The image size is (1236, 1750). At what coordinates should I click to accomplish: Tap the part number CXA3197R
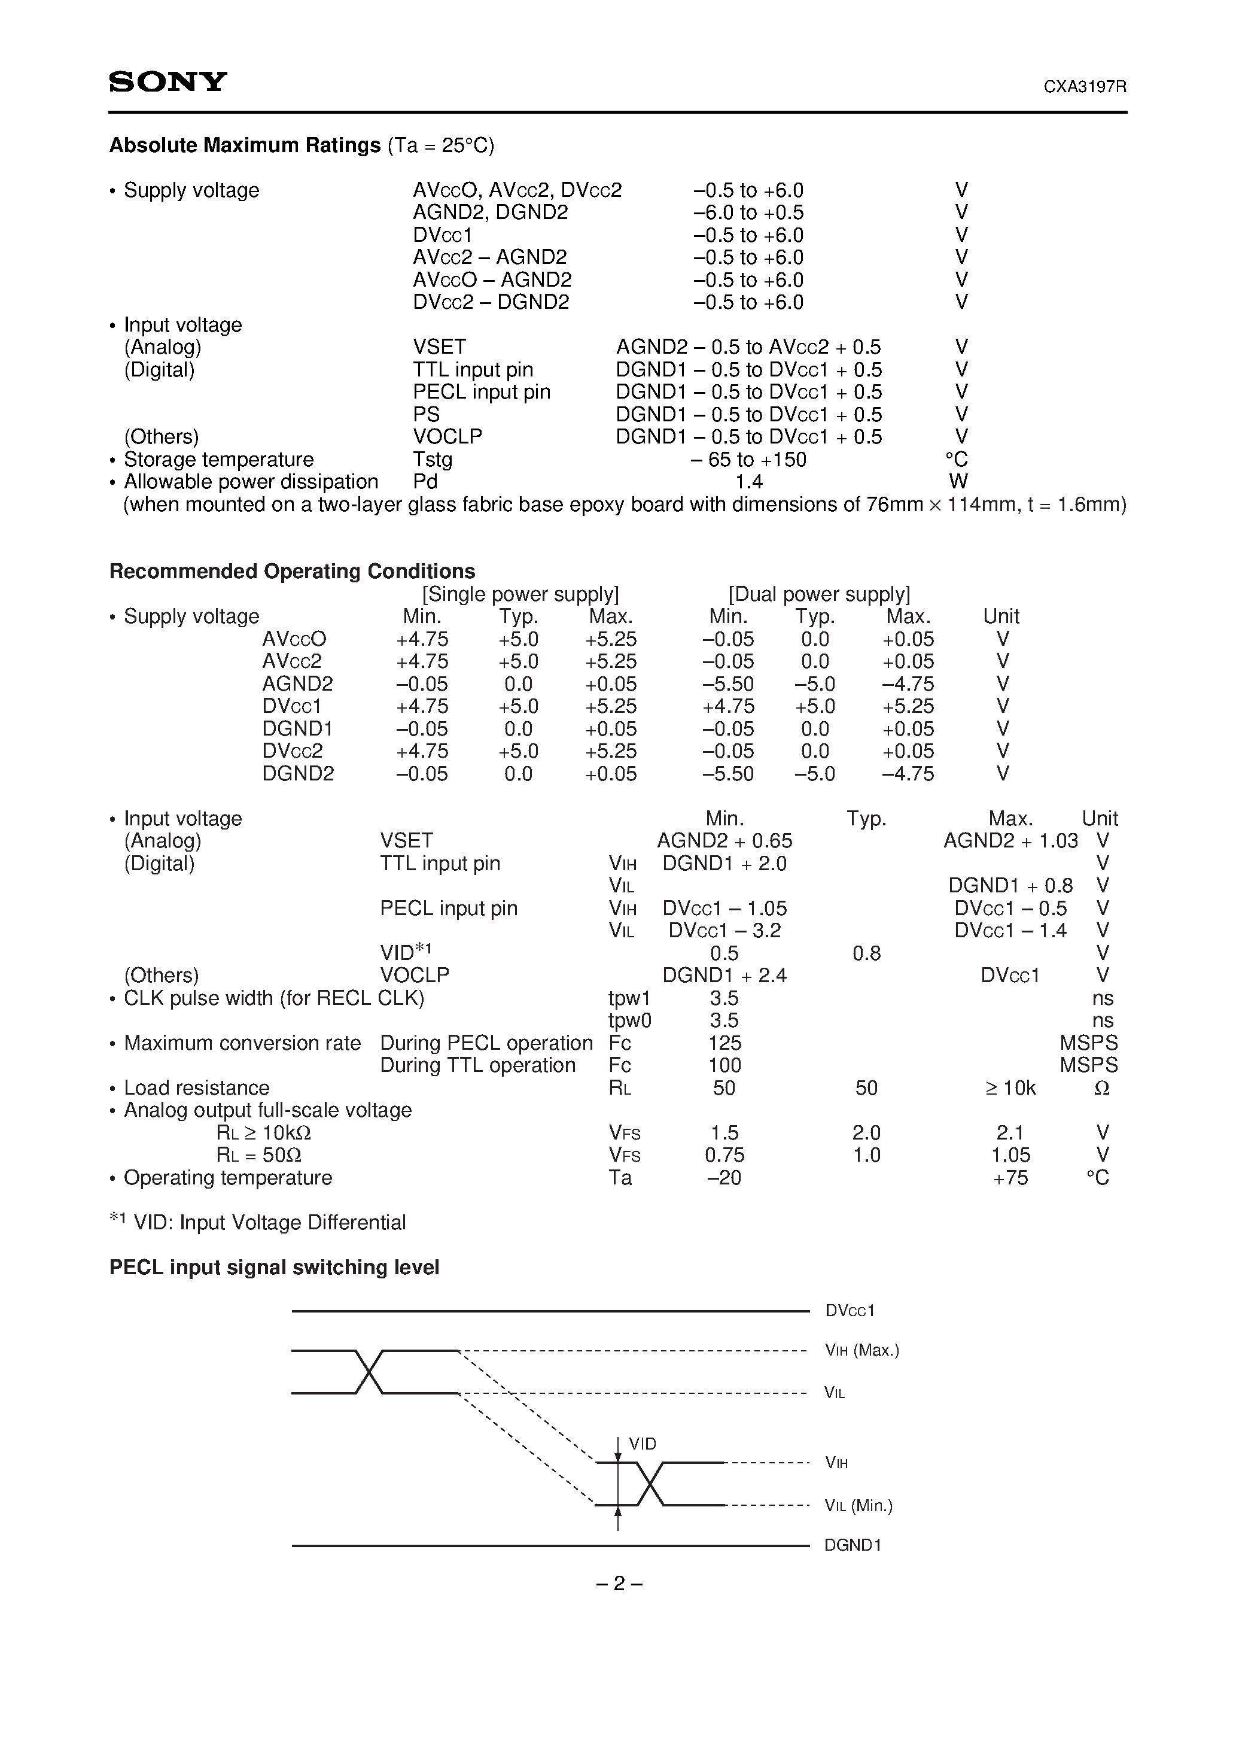point(1085,87)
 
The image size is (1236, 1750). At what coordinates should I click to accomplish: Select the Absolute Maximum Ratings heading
point(245,145)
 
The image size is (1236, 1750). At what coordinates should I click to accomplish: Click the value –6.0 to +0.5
point(748,212)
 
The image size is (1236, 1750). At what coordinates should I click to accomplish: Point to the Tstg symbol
point(432,460)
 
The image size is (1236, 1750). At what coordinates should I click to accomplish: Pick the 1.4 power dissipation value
point(748,482)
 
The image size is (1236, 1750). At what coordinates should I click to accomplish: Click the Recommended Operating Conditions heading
point(292,572)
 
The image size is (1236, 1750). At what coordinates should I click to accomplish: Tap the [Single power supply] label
point(520,594)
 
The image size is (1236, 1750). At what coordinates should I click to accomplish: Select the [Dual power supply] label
point(819,594)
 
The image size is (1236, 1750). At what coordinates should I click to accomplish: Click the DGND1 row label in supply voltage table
point(297,728)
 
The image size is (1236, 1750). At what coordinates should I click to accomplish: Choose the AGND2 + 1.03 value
point(1010,841)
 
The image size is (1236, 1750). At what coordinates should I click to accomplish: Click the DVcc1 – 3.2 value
point(724,931)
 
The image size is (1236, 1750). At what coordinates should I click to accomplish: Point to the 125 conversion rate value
point(724,1043)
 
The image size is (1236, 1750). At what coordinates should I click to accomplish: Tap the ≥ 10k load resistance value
point(1010,1087)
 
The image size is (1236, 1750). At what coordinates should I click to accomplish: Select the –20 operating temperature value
point(724,1178)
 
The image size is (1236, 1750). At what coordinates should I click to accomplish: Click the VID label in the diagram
point(643,1444)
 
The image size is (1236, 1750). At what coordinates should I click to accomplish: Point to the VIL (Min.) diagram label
point(858,1505)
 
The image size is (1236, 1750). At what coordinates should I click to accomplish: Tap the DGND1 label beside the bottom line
point(853,1545)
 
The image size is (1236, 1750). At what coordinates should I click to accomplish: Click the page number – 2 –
point(619,1584)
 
